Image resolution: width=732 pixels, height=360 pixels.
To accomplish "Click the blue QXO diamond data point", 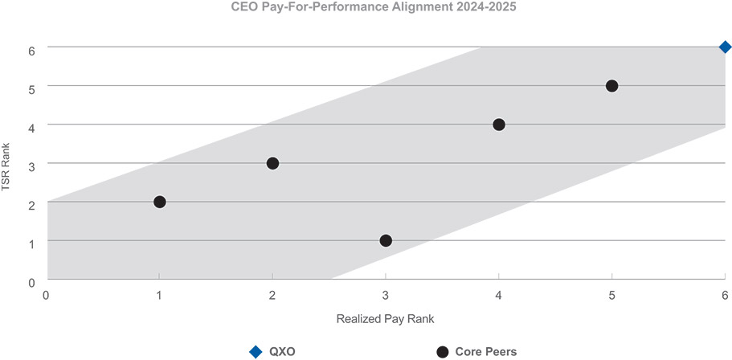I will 725,47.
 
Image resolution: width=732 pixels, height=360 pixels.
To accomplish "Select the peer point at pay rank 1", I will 160,202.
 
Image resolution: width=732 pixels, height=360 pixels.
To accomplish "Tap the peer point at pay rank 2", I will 272,163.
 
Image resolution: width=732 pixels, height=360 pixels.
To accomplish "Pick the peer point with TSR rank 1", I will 386,240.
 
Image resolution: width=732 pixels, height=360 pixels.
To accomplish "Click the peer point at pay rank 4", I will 499,125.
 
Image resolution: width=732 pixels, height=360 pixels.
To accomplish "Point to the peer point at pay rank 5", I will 611,86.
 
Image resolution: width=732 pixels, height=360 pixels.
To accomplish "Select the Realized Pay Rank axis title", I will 386,319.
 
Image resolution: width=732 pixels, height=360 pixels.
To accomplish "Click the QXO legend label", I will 284,351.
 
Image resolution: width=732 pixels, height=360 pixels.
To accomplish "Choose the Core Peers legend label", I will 486,351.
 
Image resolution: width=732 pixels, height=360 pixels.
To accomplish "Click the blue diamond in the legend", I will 256,351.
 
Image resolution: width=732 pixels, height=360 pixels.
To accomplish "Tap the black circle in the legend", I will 441,351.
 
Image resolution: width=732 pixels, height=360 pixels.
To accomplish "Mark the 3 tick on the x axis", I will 386,295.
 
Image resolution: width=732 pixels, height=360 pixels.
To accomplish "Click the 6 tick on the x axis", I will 725,295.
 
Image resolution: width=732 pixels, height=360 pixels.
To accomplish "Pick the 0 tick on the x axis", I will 47,295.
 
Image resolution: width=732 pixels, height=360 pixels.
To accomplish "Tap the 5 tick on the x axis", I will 611,295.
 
